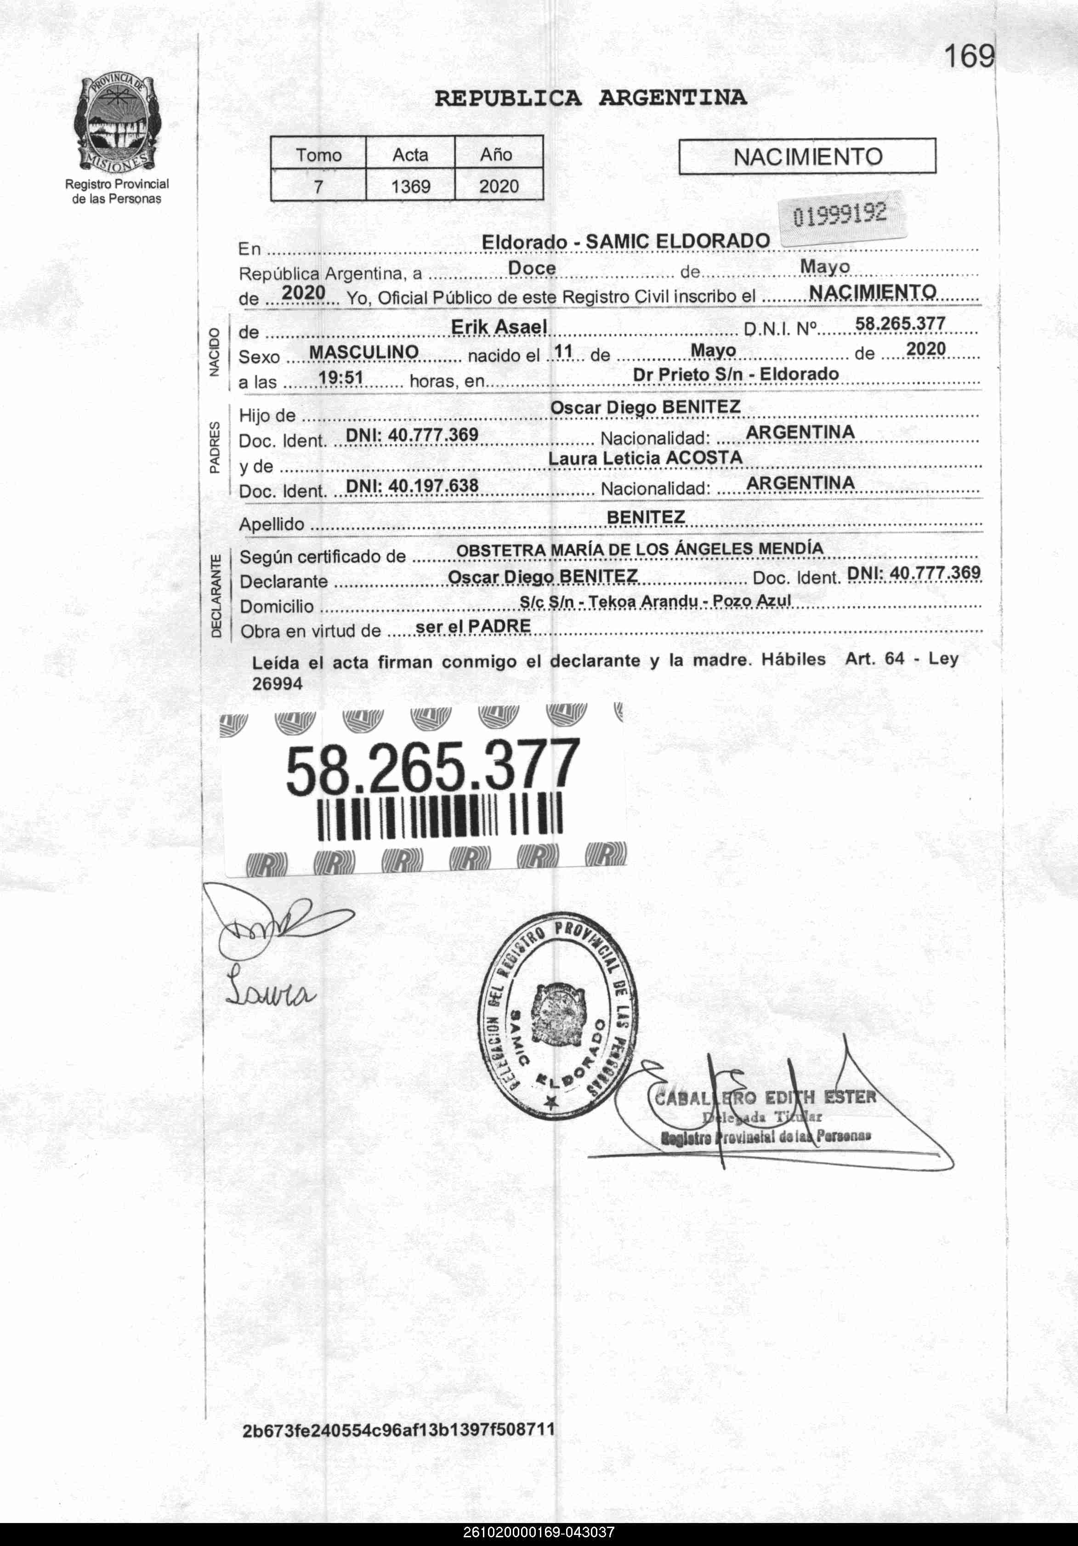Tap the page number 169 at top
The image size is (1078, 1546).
pos(968,57)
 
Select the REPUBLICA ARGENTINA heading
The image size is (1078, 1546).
pos(590,98)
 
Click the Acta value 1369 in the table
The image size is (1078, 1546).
pos(410,186)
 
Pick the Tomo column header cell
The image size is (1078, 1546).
pos(318,155)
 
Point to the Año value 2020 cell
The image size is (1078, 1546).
pos(498,186)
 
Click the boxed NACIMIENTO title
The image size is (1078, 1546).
pos(807,157)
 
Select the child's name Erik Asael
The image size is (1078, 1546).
pos(498,327)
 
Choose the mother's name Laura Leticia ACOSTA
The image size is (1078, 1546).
pos(645,458)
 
